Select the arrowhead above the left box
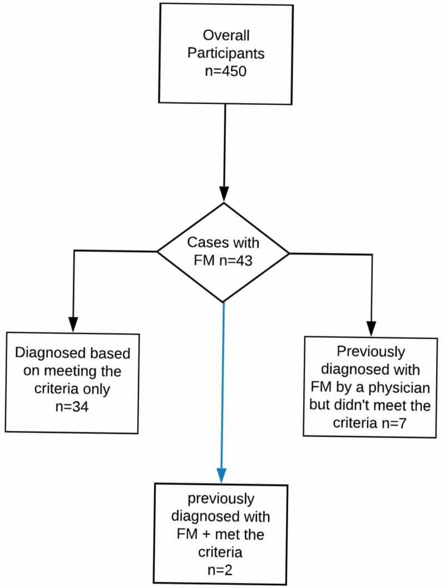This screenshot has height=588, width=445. [x=73, y=323]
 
